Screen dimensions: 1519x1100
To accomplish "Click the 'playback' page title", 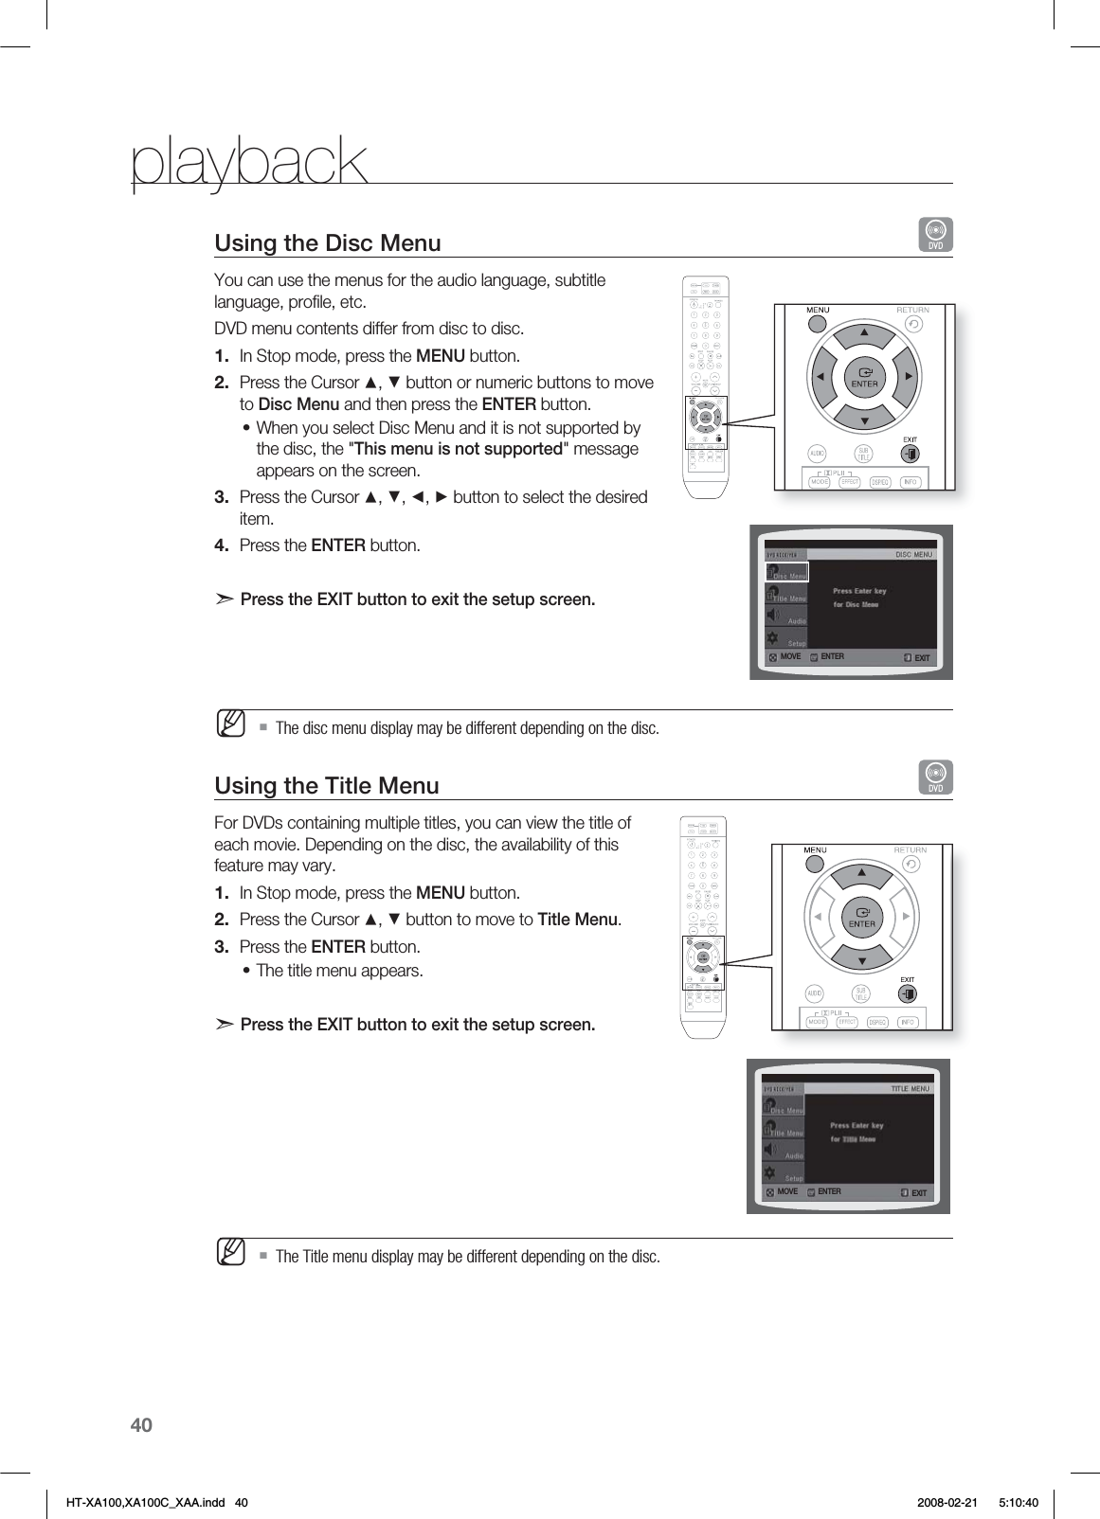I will pos(248,163).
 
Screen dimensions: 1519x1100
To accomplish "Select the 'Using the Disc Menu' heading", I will pos(328,243).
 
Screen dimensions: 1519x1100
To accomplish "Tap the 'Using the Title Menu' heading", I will pos(327,786).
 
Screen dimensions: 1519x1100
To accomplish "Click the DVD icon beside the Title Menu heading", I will pos(936,777).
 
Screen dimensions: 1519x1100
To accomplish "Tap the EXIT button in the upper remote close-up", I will pos(909,454).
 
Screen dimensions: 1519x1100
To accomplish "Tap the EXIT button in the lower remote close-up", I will pos(907,993).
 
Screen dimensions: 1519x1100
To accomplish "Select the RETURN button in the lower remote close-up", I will pos(911,864).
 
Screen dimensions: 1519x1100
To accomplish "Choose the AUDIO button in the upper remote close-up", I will pos(818,453).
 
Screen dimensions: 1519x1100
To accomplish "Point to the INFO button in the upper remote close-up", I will pos(911,482).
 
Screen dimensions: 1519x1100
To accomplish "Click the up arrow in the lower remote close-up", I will pos(862,872).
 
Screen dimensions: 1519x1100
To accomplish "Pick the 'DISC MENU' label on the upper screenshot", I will pos(913,555).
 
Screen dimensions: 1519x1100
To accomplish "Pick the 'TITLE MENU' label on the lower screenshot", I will pos(910,1089).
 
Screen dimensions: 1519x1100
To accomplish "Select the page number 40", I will pos(140,1425).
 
